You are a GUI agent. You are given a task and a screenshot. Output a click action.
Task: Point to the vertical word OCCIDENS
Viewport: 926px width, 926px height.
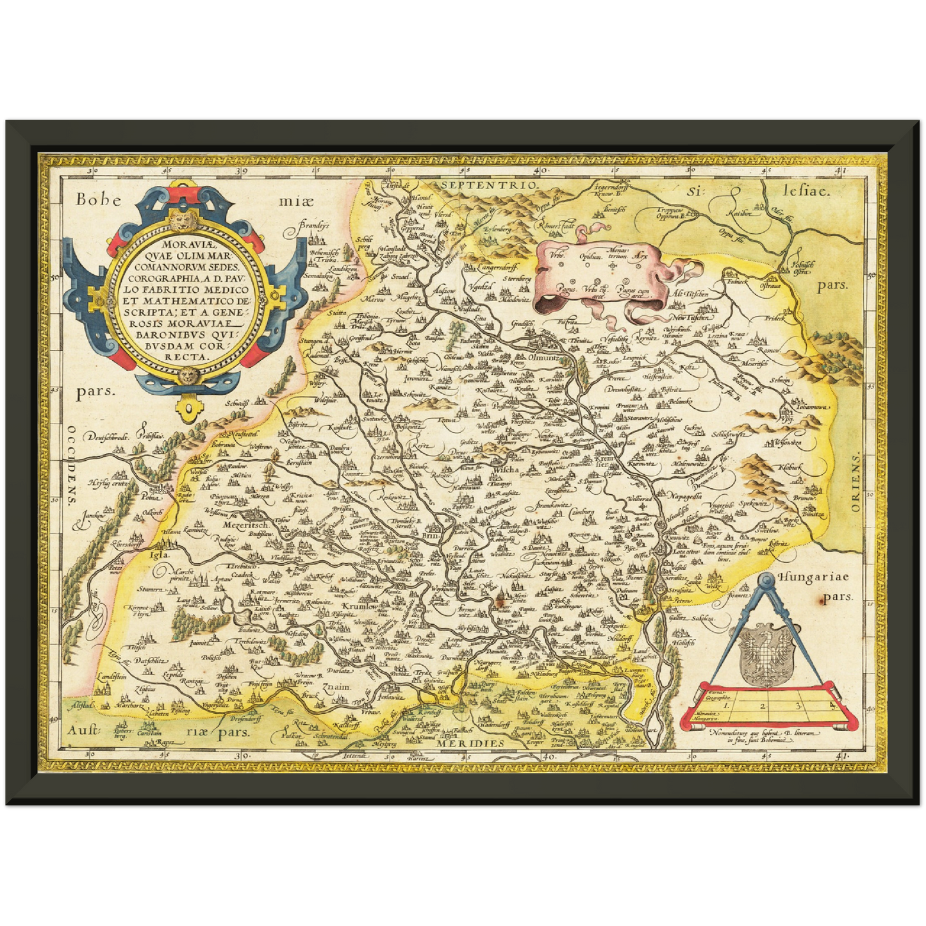pyautogui.click(x=72, y=465)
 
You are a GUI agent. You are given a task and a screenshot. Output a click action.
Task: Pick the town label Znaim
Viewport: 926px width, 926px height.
pyautogui.click(x=340, y=687)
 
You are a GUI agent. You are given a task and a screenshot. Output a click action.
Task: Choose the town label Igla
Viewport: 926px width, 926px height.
pyautogui.click(x=159, y=555)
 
